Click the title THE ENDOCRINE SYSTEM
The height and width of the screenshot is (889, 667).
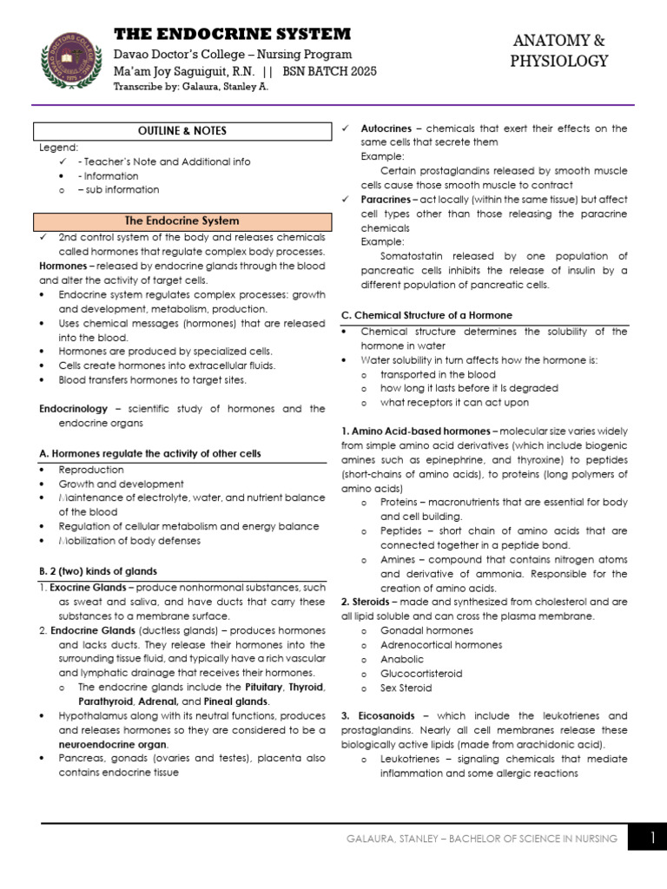click(233, 34)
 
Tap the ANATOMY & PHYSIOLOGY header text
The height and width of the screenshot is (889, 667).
click(559, 50)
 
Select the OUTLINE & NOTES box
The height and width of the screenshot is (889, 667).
click(182, 131)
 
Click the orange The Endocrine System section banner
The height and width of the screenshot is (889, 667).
click(182, 221)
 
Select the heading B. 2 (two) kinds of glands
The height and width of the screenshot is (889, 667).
click(98, 570)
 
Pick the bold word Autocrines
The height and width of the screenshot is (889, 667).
click(386, 128)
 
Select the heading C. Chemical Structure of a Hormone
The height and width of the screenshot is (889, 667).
click(426, 314)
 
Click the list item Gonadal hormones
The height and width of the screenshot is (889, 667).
click(426, 630)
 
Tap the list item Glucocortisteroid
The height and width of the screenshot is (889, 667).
click(421, 673)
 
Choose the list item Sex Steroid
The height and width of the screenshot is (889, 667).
click(406, 688)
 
